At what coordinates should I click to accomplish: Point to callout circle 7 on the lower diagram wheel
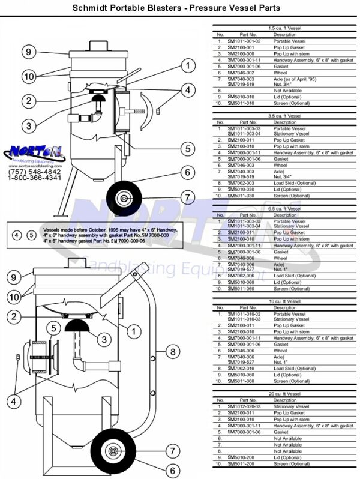(172, 451)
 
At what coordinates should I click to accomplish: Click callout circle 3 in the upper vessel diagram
(28, 125)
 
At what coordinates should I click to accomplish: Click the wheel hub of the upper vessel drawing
(124, 198)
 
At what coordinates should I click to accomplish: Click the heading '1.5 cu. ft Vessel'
(285, 28)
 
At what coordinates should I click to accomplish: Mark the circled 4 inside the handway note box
(17, 234)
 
